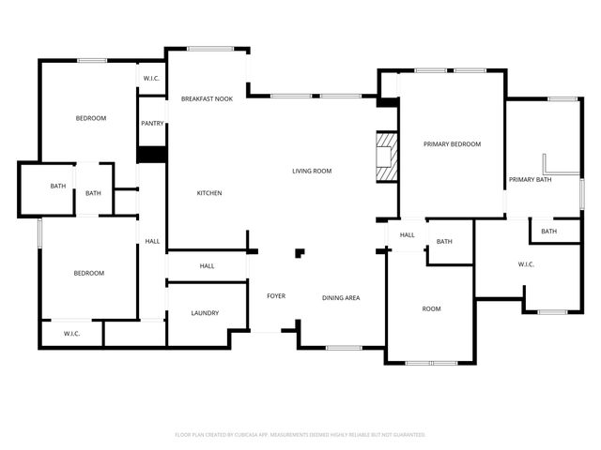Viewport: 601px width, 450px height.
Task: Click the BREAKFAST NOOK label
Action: point(207,98)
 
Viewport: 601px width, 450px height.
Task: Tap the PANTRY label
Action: point(152,123)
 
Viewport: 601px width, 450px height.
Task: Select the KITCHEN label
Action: point(208,193)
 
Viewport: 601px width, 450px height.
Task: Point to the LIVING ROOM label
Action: point(312,171)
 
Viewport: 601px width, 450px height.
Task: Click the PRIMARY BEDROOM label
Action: point(452,144)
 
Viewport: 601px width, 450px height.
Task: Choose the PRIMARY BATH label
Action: point(530,179)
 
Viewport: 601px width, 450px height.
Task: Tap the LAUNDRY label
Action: point(205,313)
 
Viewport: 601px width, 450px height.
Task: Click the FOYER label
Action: point(276,296)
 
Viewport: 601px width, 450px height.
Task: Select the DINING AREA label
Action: point(341,298)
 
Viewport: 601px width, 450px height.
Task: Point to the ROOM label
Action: point(431,308)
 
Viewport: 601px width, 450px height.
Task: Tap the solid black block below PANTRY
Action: point(152,154)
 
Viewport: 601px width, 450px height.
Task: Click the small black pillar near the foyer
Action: point(300,252)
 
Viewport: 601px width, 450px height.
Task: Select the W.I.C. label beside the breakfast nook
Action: point(151,78)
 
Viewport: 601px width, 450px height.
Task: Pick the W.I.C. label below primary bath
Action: point(526,264)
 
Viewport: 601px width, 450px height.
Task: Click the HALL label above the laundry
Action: point(208,266)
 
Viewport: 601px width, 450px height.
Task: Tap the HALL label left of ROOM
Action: point(408,234)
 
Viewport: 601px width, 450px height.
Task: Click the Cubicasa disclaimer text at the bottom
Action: point(300,435)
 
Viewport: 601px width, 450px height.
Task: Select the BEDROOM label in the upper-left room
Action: point(91,118)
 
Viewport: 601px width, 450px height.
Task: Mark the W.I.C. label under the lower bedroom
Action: point(72,334)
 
